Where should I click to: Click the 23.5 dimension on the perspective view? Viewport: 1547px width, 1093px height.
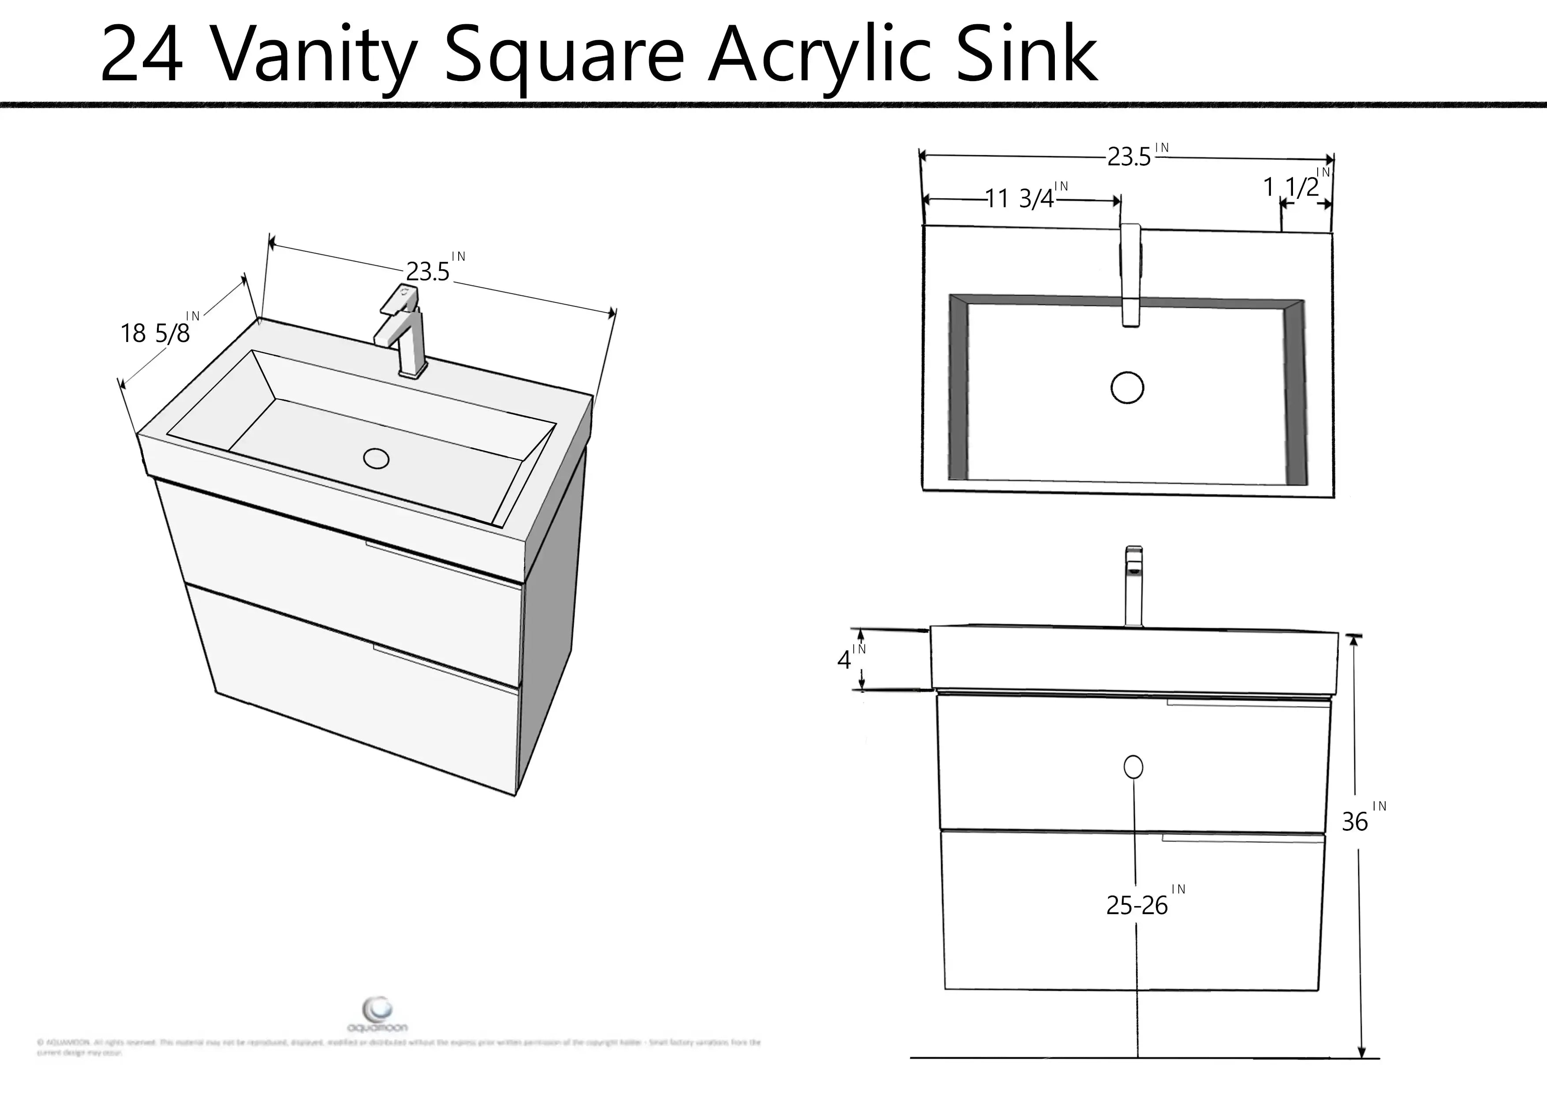click(428, 271)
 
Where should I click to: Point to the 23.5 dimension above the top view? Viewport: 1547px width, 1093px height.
click(1129, 157)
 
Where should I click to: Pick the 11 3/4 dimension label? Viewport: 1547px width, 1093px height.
click(1020, 199)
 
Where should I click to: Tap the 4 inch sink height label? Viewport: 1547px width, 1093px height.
click(844, 660)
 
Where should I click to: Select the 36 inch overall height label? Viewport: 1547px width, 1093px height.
click(1355, 822)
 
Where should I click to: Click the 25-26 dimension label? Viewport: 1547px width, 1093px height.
click(1137, 906)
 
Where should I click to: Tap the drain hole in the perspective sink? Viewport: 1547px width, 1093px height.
click(376, 459)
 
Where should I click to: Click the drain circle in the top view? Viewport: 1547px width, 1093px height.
click(1127, 388)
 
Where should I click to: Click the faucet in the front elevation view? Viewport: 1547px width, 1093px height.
click(1134, 585)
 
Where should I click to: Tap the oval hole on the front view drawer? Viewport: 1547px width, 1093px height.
click(1133, 767)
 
